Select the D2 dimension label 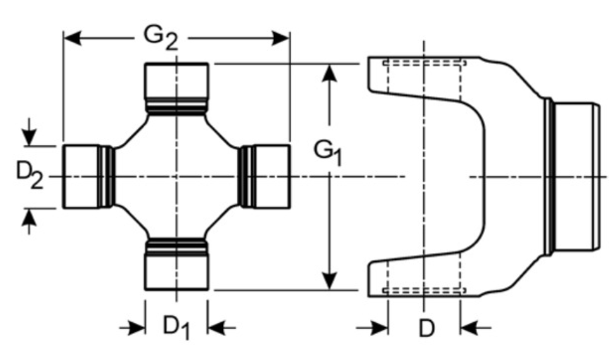click(29, 176)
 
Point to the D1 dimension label click(176, 327)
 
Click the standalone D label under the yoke click(426, 328)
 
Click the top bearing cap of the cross click(176, 79)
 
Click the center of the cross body click(176, 176)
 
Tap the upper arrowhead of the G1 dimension click(328, 73)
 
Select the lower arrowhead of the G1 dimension click(328, 280)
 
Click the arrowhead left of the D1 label click(136, 327)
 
